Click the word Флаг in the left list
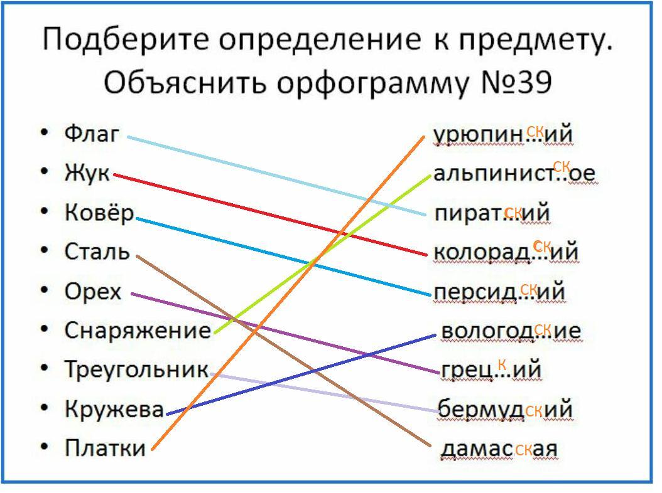(x=91, y=134)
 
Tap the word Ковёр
(x=99, y=213)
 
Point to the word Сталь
(x=97, y=252)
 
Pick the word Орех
(x=92, y=292)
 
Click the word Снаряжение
(x=138, y=331)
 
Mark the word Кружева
(x=114, y=409)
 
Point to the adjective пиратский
(x=492, y=213)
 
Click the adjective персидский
(x=499, y=292)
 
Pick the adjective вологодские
(x=511, y=331)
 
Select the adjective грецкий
(x=491, y=370)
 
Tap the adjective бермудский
(x=505, y=410)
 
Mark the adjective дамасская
(x=499, y=449)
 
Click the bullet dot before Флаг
(x=44, y=134)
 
